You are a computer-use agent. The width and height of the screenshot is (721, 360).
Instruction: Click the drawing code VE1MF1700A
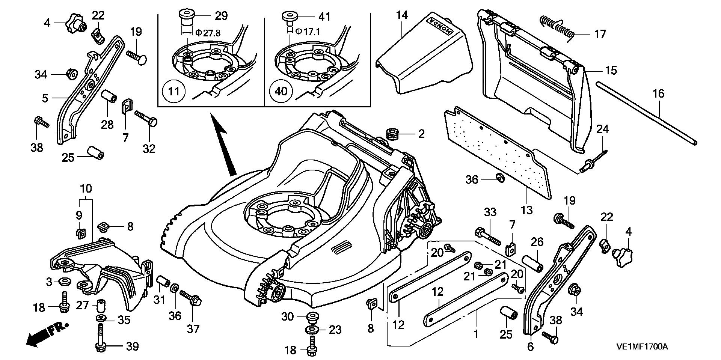(x=642, y=347)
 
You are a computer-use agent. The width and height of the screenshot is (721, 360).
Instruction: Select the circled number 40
(x=281, y=91)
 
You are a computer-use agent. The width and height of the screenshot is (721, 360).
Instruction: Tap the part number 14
(x=401, y=15)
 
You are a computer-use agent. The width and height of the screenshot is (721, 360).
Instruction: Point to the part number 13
(x=526, y=209)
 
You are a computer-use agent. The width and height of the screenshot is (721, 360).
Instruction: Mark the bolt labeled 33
(x=487, y=234)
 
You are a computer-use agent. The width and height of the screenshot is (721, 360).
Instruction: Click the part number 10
(x=86, y=188)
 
